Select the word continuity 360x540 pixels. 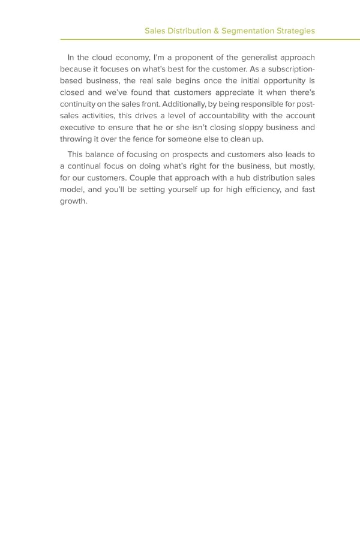point(80,104)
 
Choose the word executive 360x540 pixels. point(79,128)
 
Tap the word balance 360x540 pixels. point(103,154)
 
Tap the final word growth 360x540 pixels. point(74,201)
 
